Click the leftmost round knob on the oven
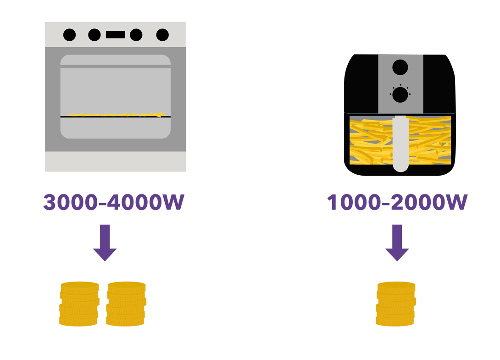click(69, 34)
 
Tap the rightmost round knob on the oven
click(162, 34)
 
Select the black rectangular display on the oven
click(116, 34)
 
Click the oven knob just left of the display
click(94, 34)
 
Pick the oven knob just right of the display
click(136, 34)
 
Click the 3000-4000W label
click(114, 203)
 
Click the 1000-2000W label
click(397, 203)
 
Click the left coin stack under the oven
click(79, 304)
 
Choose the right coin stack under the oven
click(126, 304)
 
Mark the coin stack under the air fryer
click(396, 304)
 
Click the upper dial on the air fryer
click(400, 67)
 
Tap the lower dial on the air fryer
click(400, 94)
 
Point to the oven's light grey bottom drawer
click(116, 161)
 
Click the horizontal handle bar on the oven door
click(116, 66)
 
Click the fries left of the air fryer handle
click(371, 140)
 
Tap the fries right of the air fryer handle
click(429, 140)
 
